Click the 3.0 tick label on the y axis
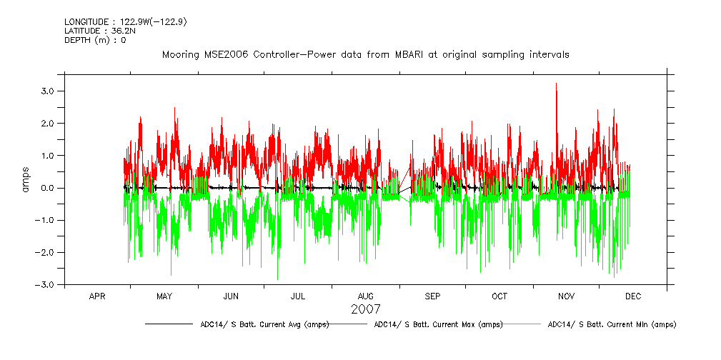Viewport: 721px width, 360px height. (48, 91)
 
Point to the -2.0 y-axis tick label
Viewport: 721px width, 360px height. (46, 253)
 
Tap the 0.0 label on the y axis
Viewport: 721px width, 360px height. (48, 189)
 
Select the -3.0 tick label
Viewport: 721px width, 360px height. (46, 285)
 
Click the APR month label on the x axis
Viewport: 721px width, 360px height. (97, 296)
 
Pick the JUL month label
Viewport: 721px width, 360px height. (298, 296)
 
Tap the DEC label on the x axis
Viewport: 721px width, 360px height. (633, 296)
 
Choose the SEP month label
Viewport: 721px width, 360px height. (432, 296)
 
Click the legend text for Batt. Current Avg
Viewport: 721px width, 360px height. (264, 324)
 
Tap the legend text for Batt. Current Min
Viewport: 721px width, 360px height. (612, 324)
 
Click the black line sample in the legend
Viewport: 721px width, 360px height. (168, 324)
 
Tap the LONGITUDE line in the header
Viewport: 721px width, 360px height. (126, 21)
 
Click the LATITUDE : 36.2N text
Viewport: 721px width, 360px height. (99, 31)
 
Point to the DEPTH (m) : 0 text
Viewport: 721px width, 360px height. (95, 40)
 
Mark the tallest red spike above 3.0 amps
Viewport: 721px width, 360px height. (556, 85)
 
